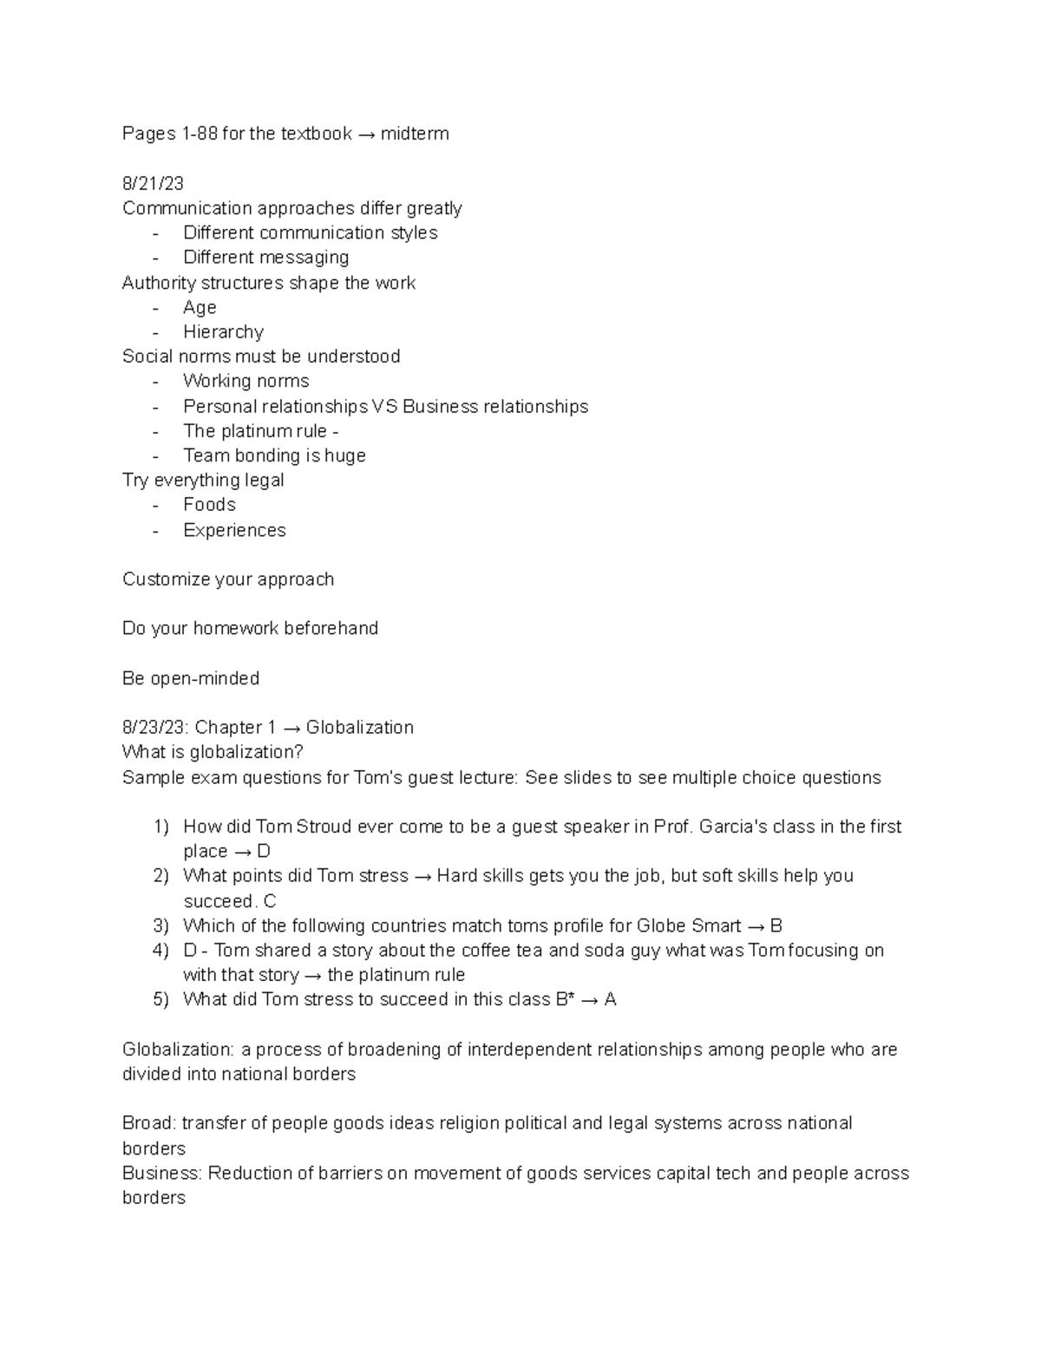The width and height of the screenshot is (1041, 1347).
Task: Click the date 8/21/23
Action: (x=153, y=183)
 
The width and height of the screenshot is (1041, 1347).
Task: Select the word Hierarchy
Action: (x=223, y=332)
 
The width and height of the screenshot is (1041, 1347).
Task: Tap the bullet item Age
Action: (x=200, y=308)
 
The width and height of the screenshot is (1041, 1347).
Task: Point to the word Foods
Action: (x=209, y=505)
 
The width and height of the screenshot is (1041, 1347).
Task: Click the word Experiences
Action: (x=234, y=530)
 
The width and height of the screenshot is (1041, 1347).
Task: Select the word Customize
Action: (x=165, y=579)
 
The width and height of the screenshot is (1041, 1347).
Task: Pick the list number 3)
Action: (x=160, y=925)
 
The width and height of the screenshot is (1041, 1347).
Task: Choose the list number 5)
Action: (x=160, y=999)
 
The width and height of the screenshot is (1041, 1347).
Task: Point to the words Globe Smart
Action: (x=689, y=925)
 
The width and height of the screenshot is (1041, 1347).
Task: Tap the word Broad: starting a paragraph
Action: (x=149, y=1123)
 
